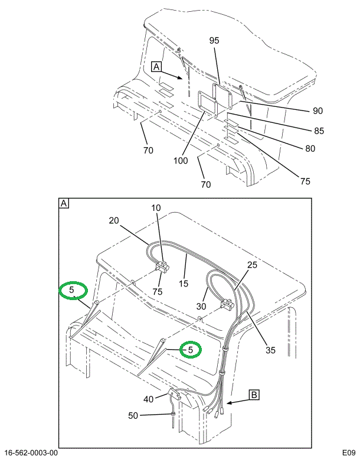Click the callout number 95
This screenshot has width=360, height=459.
tap(214, 41)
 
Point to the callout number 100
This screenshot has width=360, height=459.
tap(181, 161)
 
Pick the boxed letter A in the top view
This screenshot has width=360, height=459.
tap(156, 67)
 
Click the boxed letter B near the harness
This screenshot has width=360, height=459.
tap(254, 395)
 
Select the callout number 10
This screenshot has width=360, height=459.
tap(155, 208)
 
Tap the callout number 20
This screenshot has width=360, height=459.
tap(114, 221)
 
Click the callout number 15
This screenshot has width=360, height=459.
tap(184, 284)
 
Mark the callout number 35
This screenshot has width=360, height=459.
tap(270, 350)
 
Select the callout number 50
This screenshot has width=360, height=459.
tap(134, 416)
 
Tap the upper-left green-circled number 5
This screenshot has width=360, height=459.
tap(72, 290)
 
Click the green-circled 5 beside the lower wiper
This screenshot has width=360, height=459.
tap(190, 350)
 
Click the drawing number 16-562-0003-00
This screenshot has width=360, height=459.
tap(32, 453)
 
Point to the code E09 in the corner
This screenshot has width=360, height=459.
tap(347, 453)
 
